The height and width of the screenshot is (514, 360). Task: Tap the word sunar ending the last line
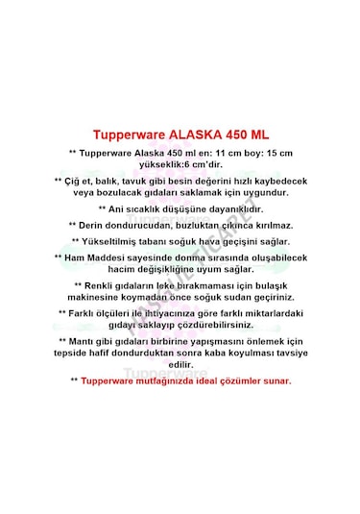(276, 380)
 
